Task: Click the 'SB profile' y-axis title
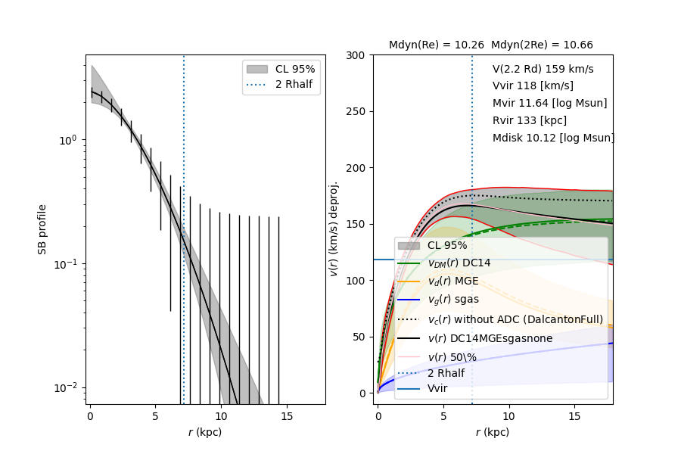tap(42, 229)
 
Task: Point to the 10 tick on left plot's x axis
tap(220, 417)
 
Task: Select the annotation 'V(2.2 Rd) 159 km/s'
tap(543, 69)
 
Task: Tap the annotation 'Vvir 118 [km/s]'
tap(533, 86)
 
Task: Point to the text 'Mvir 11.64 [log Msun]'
tap(549, 104)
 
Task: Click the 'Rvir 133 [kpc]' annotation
tap(529, 121)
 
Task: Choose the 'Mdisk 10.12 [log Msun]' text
tap(553, 138)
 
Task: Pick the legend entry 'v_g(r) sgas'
tap(453, 300)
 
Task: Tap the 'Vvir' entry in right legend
tap(437, 388)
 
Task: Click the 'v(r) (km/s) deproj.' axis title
tap(334, 229)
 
